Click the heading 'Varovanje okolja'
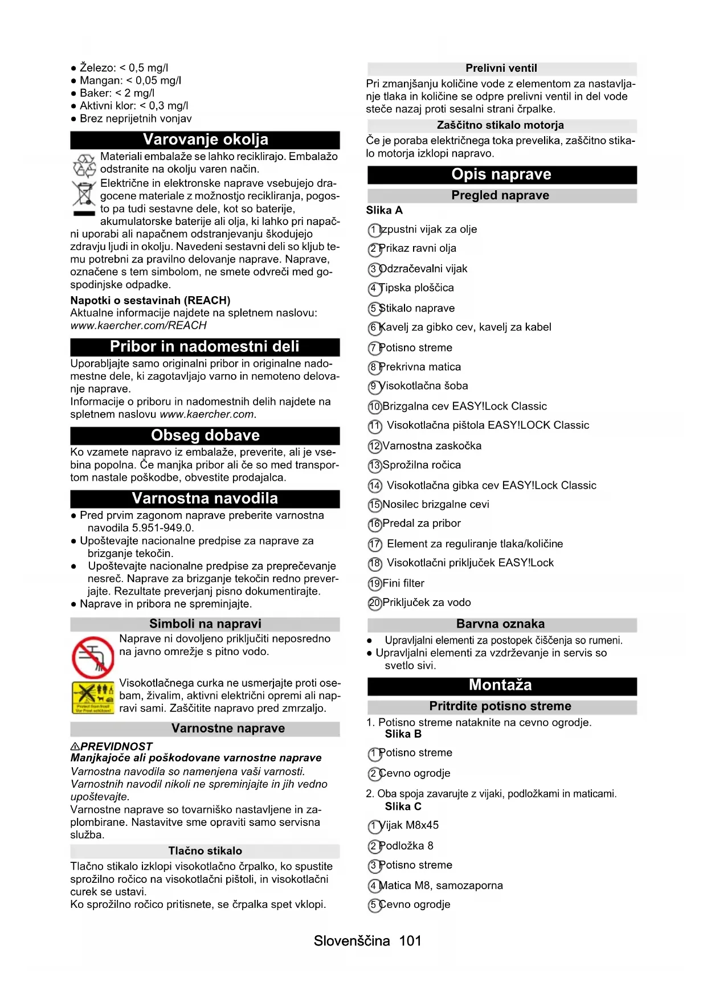click(x=205, y=140)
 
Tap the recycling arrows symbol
click(x=84, y=165)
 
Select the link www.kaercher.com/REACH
click(x=138, y=325)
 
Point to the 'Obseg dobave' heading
click(x=205, y=436)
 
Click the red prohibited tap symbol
click(x=93, y=657)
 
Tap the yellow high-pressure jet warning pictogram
click(x=93, y=697)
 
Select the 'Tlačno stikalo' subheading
click(x=205, y=851)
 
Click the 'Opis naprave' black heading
click(x=501, y=174)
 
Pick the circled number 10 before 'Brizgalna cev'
click(x=375, y=407)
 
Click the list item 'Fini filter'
click(x=403, y=583)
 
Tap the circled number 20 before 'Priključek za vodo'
click(x=375, y=603)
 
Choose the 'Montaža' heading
click(x=501, y=685)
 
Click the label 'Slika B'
click(x=403, y=734)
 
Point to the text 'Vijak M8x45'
click(x=408, y=825)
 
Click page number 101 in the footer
click(x=410, y=941)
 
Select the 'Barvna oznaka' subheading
click(x=501, y=624)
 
